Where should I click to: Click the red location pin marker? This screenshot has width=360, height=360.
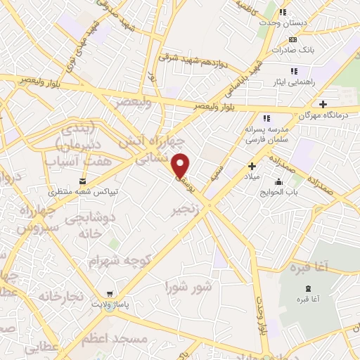point(181,165)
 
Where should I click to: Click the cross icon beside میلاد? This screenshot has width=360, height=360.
point(252,166)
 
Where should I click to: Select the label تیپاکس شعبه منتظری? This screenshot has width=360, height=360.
point(93,191)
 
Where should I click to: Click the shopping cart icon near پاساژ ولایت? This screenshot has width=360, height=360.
point(109,295)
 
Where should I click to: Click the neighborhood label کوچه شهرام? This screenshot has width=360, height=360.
point(120,261)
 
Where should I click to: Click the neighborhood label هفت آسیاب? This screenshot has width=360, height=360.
point(70,162)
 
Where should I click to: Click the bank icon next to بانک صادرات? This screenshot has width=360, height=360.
point(293,39)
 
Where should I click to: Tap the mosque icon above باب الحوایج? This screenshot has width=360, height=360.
point(279,182)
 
